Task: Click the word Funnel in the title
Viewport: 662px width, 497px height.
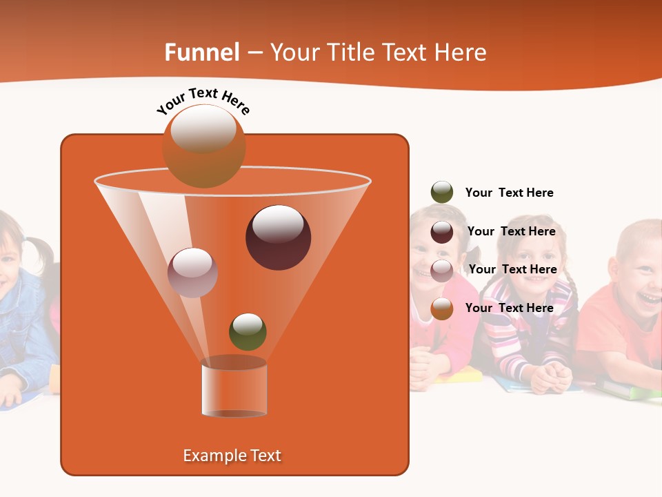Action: [202, 52]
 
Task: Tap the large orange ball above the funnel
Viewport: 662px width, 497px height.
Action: [204, 146]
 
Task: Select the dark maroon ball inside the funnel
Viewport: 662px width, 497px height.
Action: [279, 237]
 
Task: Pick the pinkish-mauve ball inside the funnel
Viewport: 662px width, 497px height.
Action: [193, 272]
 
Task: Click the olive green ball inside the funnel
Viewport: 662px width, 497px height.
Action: [248, 331]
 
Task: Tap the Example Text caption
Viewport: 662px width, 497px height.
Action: [232, 456]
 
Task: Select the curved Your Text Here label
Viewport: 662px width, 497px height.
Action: [203, 101]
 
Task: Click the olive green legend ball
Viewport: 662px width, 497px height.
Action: [442, 193]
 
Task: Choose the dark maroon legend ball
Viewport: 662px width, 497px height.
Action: [442, 232]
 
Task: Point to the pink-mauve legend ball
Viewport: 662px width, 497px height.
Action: [442, 270]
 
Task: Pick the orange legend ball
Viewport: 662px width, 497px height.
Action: [442, 309]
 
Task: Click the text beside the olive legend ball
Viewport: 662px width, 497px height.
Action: [509, 193]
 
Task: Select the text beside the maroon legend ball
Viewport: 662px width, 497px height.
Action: [511, 231]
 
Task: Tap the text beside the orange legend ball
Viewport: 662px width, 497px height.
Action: [509, 308]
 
